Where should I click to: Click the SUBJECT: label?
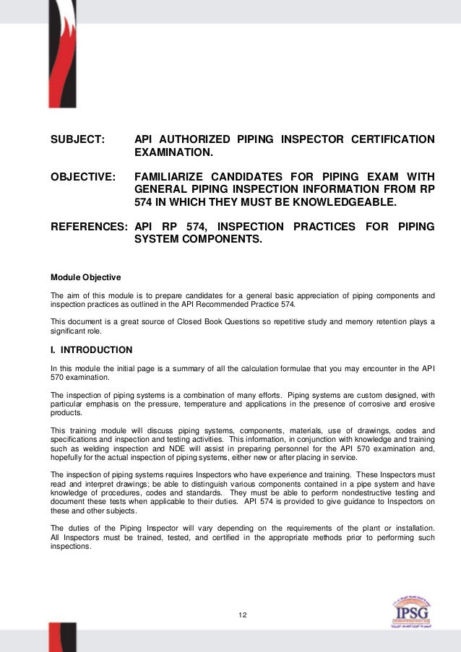point(77,139)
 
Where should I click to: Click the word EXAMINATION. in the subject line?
point(174,154)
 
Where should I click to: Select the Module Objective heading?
point(85,278)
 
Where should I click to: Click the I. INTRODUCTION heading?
point(91,350)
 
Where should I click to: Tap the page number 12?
point(243,614)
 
